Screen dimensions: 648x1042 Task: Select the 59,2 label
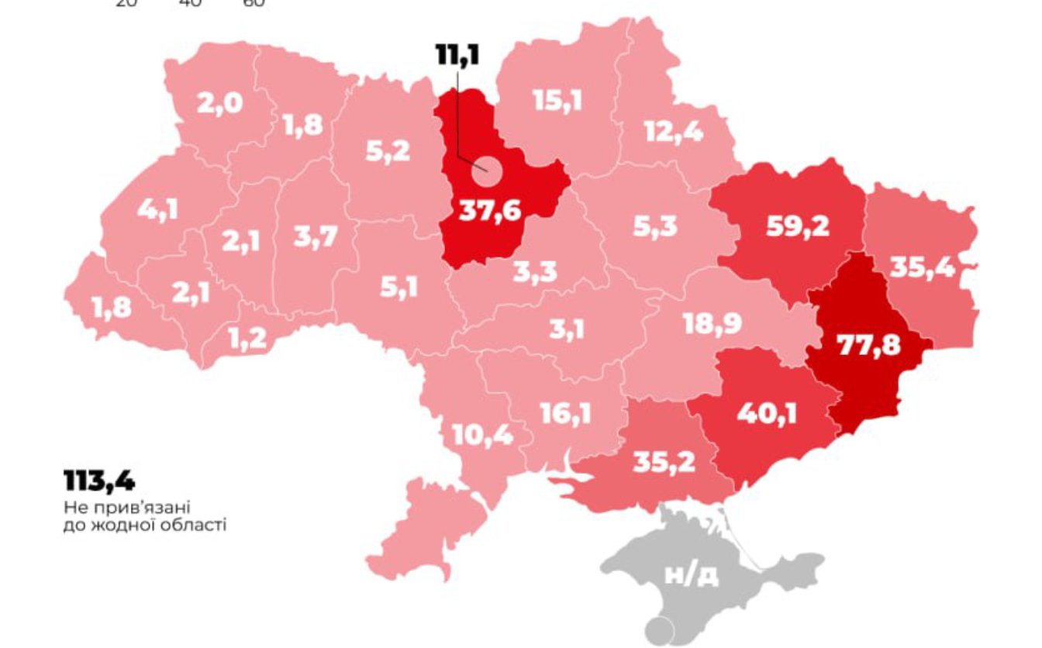(797, 226)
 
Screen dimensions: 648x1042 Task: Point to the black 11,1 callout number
(457, 57)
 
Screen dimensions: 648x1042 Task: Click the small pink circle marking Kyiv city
(486, 172)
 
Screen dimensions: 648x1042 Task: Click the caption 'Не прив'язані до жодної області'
(145, 516)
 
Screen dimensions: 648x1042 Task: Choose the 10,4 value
(481, 436)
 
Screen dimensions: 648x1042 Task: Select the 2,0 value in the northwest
(219, 103)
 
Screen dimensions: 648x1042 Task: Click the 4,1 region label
(157, 210)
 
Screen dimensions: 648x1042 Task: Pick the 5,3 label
(654, 226)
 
